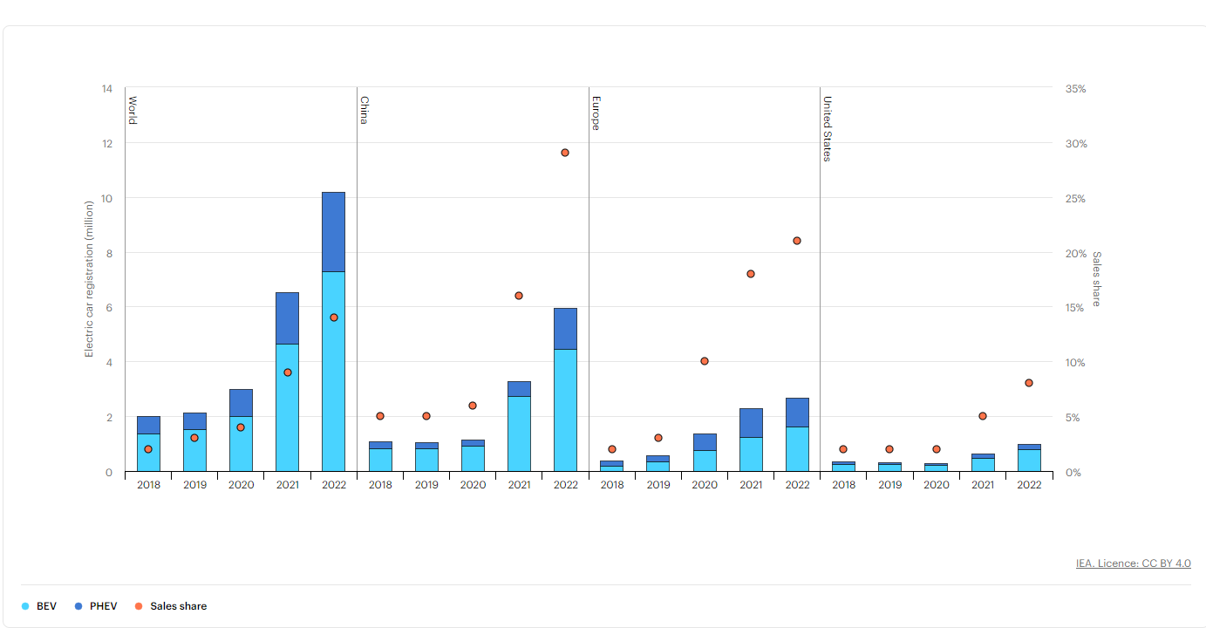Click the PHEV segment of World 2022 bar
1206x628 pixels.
coord(333,231)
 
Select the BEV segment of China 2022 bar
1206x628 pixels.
coord(565,410)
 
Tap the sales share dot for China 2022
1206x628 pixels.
coord(565,153)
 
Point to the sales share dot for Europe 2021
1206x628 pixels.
coord(751,274)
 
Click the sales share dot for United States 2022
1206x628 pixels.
coord(1029,383)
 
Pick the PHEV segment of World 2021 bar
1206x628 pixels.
coord(287,317)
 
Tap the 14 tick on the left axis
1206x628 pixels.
coord(107,89)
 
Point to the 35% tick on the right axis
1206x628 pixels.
coord(1075,89)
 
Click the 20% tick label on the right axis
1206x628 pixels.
coord(1075,254)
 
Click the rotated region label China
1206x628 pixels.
coord(365,110)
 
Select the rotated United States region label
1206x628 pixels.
coord(828,128)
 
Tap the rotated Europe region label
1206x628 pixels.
coord(596,113)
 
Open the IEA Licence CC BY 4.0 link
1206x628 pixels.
coord(1133,563)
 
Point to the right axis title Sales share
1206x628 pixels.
coord(1097,279)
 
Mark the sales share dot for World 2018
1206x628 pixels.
coord(148,449)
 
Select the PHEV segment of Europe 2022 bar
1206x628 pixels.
coord(797,412)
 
